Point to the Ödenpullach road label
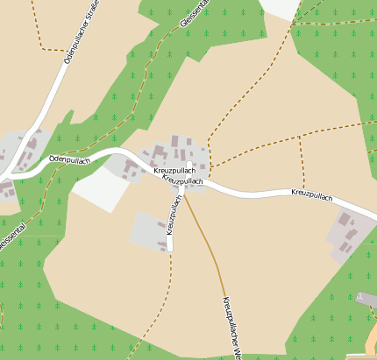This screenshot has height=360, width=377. [70, 159]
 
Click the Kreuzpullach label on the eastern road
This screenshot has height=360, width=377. [312, 194]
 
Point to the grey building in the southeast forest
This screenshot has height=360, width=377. [366, 300]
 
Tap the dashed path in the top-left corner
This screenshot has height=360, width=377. [36, 26]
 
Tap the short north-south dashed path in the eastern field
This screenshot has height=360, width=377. [302, 162]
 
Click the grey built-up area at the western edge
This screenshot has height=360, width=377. [18, 149]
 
